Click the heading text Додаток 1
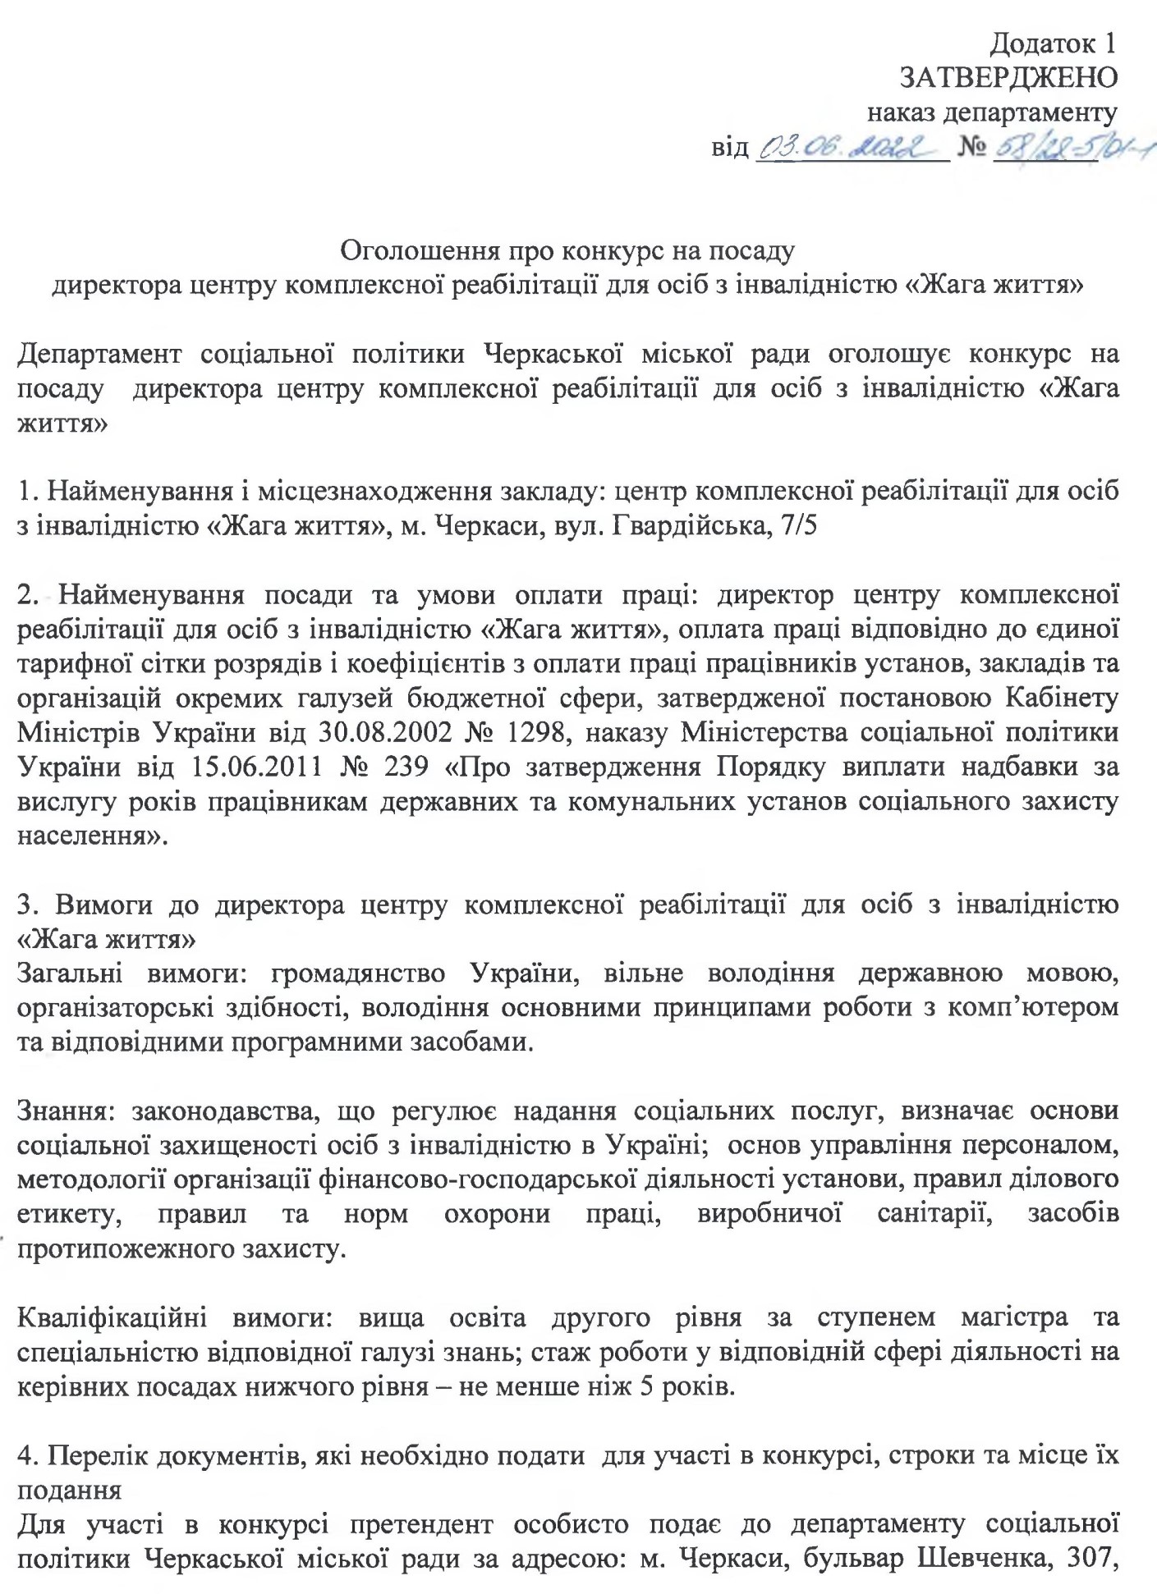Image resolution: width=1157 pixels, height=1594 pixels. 1054,42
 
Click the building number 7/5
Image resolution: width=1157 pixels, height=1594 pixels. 796,525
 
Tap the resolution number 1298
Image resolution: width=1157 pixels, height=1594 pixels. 533,732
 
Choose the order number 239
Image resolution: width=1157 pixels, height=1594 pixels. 406,767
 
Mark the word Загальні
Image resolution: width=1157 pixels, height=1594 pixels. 70,973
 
